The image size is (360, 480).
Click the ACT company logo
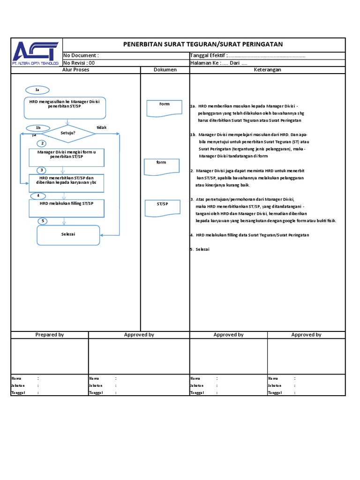click(x=36, y=52)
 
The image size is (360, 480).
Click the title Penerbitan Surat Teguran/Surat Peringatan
click(x=202, y=45)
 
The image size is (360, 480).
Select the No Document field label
click(x=81, y=56)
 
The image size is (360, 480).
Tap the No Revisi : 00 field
click(x=79, y=63)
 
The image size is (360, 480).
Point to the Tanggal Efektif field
click(x=247, y=56)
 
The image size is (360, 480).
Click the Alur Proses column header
click(x=76, y=70)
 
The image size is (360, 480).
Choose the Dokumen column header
click(x=165, y=70)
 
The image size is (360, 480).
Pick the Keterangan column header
click(x=267, y=70)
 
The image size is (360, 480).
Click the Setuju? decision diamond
click(x=68, y=133)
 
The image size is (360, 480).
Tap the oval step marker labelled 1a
click(x=37, y=90)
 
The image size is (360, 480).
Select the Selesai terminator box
click(x=68, y=235)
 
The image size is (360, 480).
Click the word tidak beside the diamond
click(x=102, y=127)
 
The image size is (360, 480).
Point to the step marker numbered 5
click(x=43, y=221)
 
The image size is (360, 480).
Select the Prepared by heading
click(x=50, y=335)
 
